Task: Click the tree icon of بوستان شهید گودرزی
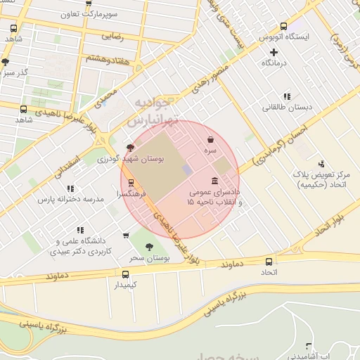[x=129, y=148]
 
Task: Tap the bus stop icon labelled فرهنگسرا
[x=131, y=181]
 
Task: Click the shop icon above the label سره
[x=210, y=141]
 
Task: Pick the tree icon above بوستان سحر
[x=148, y=246]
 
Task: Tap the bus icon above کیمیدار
[x=126, y=274]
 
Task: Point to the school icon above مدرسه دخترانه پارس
[x=70, y=188]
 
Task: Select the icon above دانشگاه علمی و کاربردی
[x=79, y=229]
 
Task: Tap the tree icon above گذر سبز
[x=6, y=62]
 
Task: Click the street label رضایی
[x=112, y=35]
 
